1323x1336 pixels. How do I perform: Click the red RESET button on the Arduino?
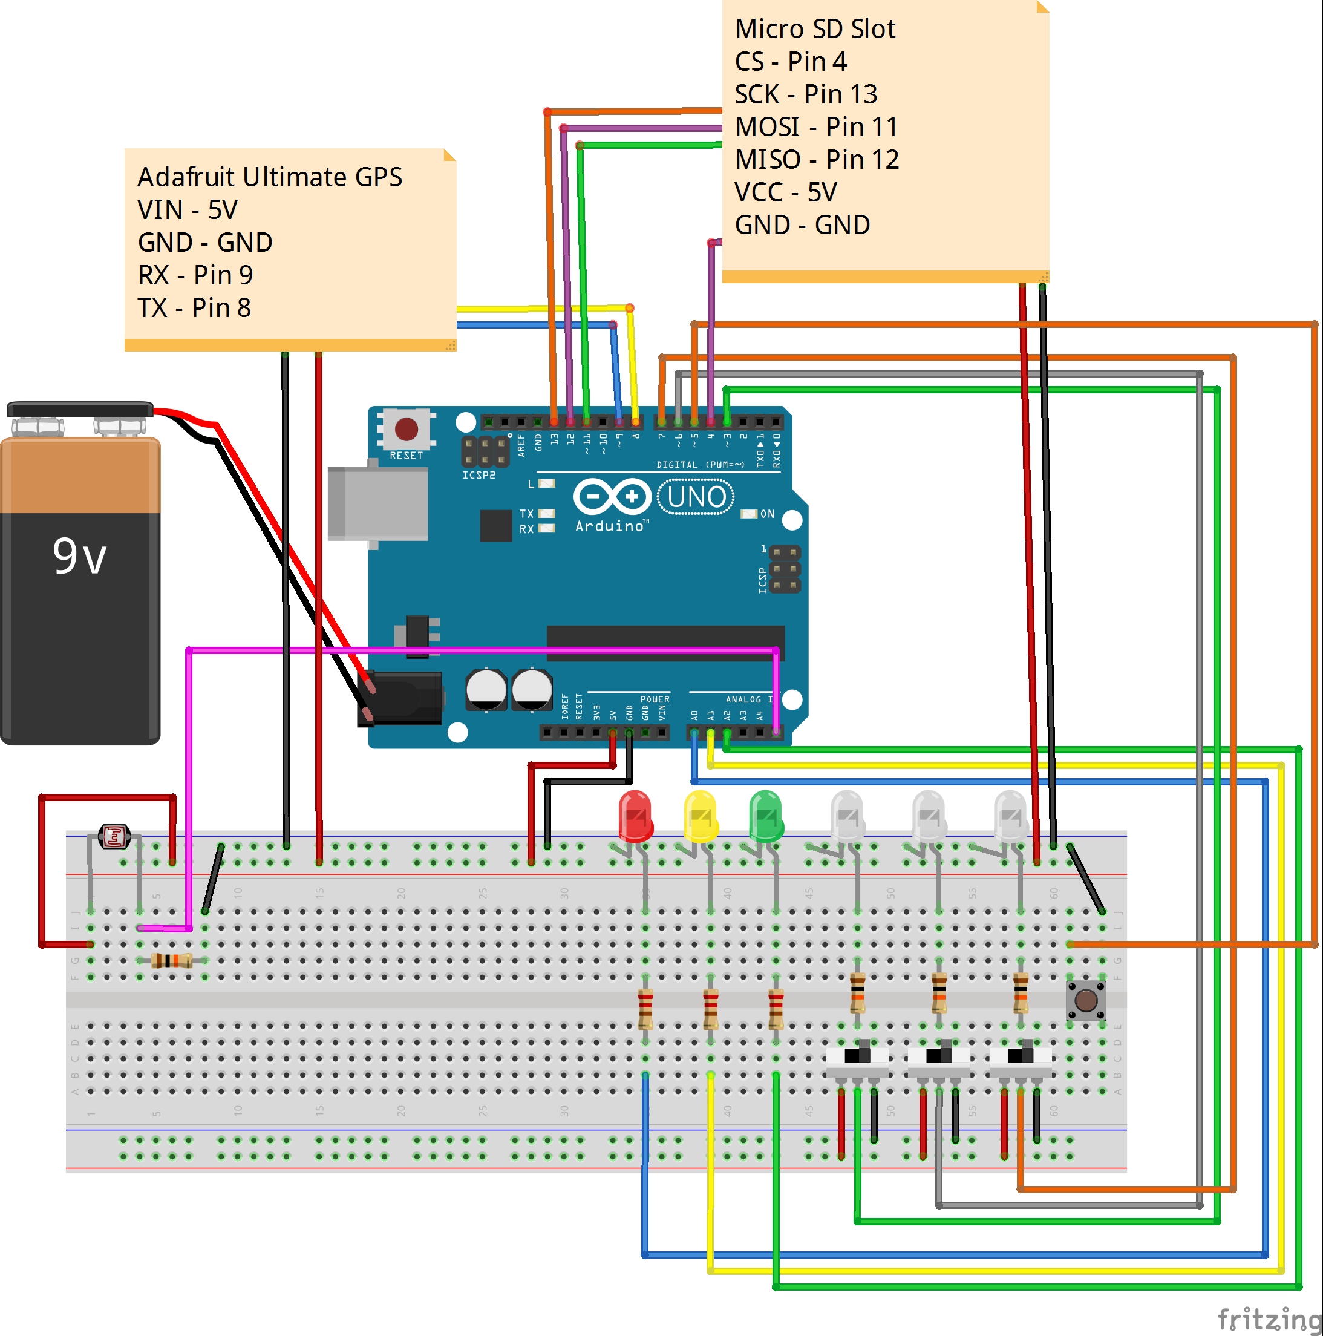407,430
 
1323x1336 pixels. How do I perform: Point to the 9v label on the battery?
79,556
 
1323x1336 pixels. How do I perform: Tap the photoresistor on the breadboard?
114,836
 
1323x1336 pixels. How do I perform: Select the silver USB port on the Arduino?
377,503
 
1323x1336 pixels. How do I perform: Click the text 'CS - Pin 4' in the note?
790,62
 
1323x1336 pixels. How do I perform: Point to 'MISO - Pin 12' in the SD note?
816,160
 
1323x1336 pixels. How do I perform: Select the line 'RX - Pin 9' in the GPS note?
195,275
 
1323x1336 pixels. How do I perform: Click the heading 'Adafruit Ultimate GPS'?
270,177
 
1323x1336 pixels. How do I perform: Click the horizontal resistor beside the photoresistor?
171,960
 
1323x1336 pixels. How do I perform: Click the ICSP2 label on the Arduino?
479,476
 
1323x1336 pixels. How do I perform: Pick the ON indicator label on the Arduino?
766,514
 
